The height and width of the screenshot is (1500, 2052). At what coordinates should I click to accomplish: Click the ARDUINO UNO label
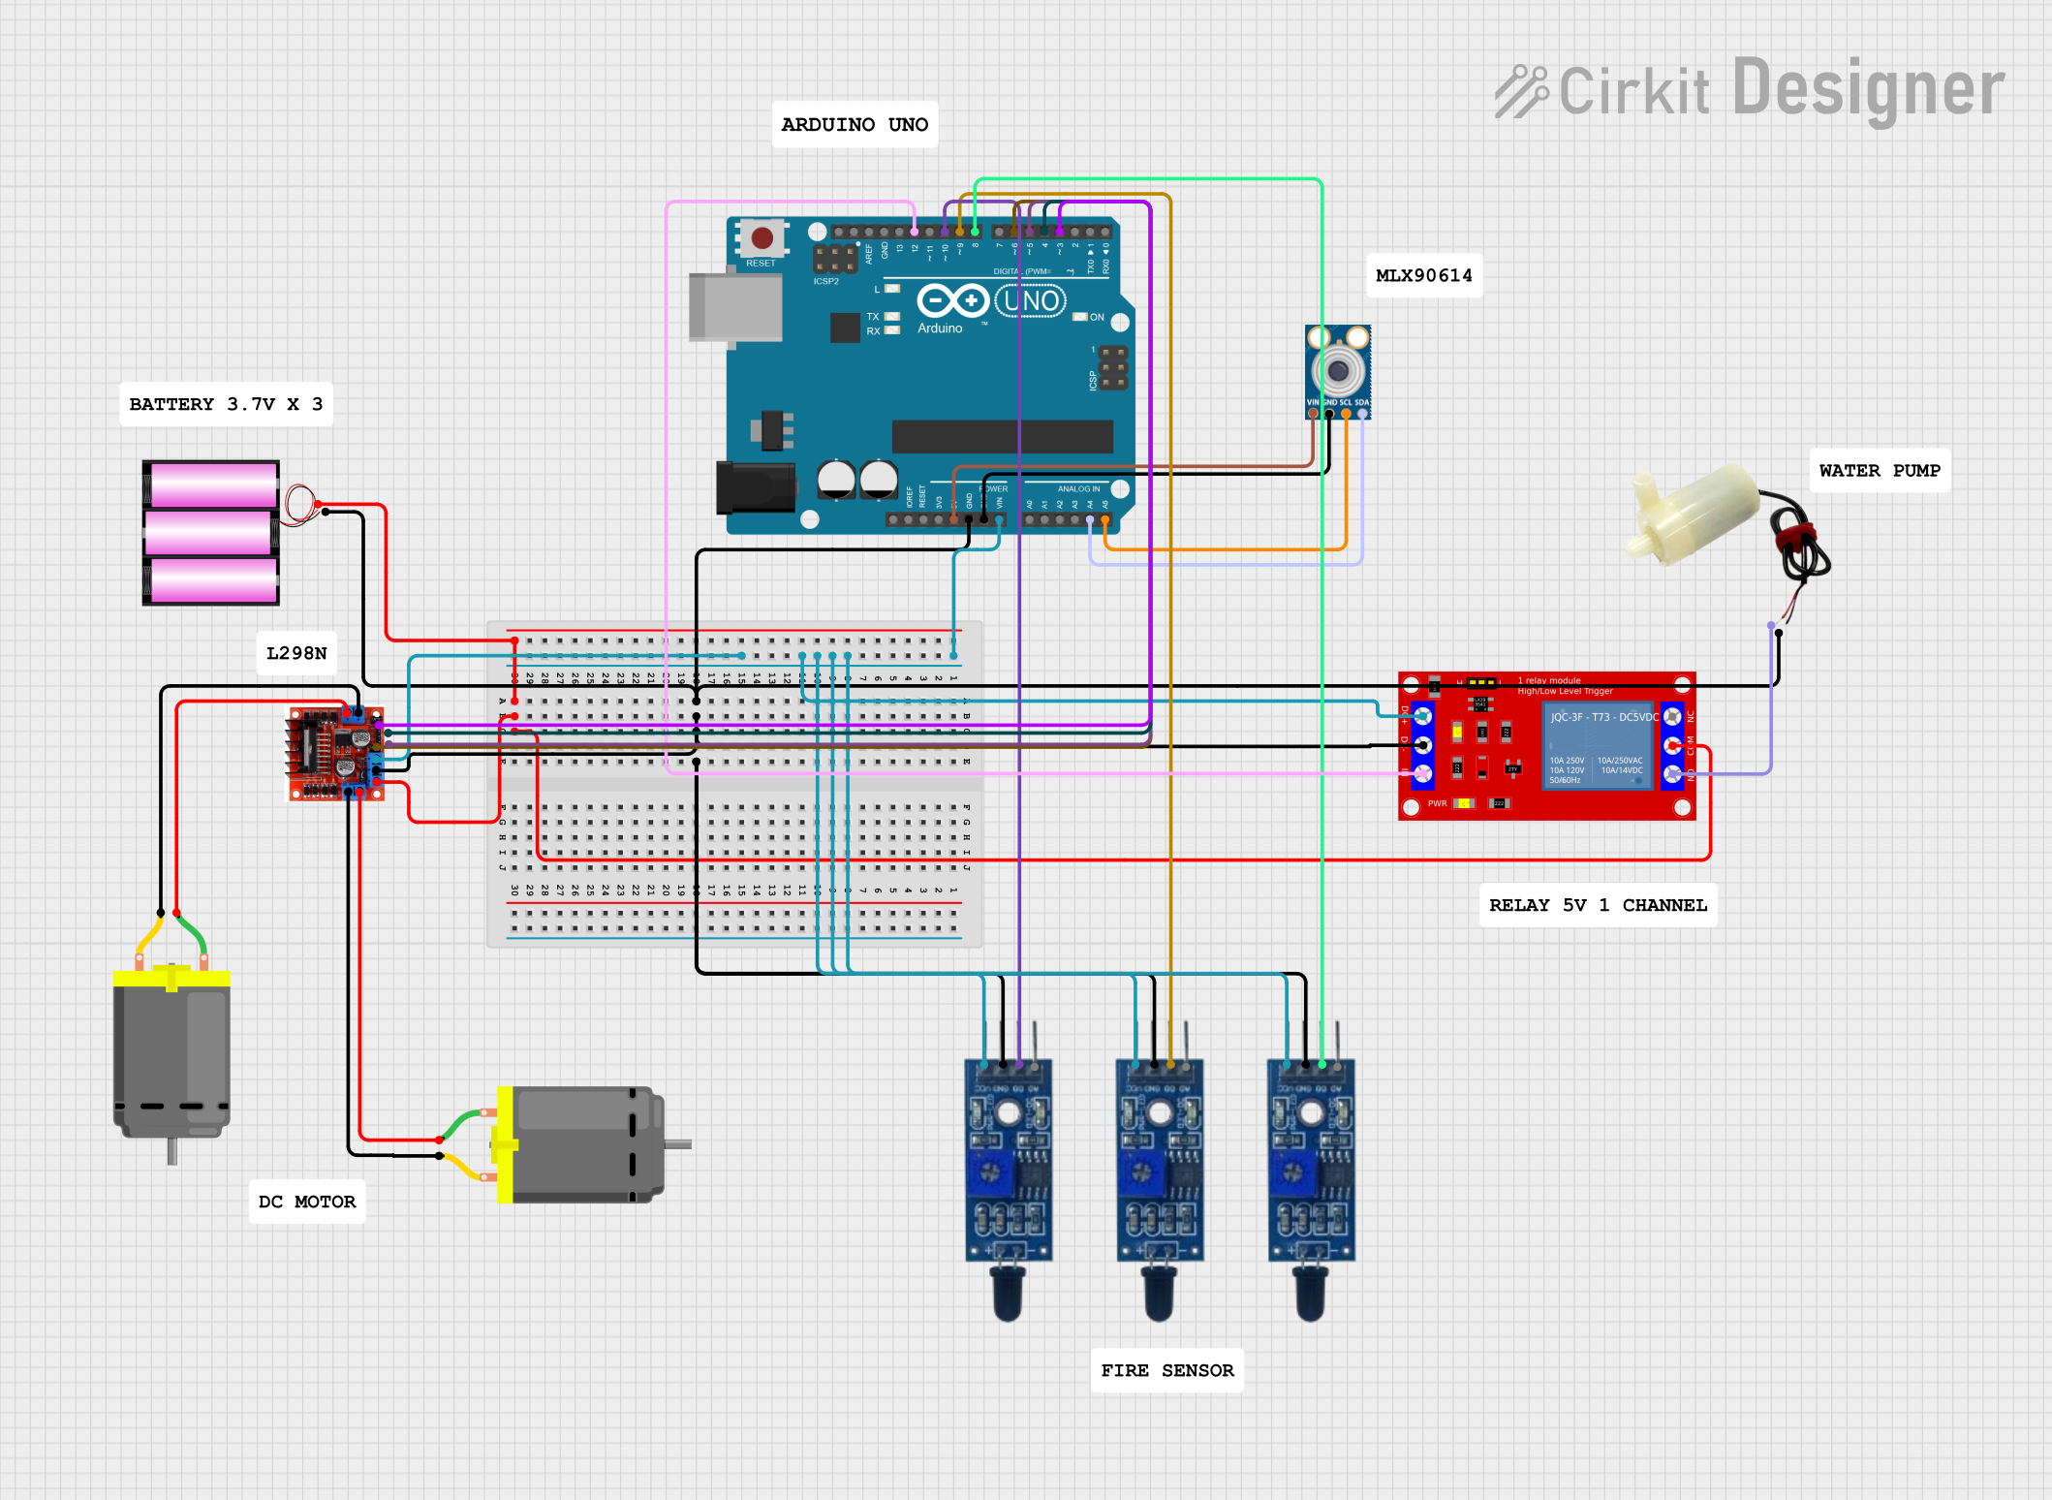click(x=854, y=125)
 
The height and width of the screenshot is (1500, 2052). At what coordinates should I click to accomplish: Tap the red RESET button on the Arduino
click(x=762, y=237)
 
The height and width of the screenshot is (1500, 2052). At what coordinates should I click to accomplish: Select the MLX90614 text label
click(x=1423, y=275)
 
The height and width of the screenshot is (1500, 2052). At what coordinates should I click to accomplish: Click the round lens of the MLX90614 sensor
click(x=1338, y=370)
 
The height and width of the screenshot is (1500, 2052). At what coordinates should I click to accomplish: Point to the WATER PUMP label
click(x=1879, y=471)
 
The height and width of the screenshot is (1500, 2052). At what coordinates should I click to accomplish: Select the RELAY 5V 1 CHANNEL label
click(x=1597, y=905)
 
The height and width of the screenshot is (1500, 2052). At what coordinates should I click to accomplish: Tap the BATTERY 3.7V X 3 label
click(x=226, y=404)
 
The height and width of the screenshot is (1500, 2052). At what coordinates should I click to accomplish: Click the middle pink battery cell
click(x=210, y=533)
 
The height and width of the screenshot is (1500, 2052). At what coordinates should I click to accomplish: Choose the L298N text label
click(x=296, y=653)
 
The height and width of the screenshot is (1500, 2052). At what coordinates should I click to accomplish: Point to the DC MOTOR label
click(x=307, y=1202)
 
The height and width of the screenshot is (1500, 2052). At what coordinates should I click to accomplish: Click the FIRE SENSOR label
click(x=1166, y=1370)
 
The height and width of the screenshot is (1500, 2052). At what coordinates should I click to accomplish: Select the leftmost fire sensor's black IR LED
click(x=1008, y=1294)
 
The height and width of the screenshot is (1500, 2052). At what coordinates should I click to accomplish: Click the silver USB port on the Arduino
click(x=735, y=307)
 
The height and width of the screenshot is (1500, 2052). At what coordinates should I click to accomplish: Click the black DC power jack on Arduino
click(x=755, y=487)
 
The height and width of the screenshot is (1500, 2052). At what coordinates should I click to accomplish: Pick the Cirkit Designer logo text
click(x=1750, y=90)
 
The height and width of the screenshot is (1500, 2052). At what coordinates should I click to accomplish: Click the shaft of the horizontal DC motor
click(x=678, y=1144)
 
